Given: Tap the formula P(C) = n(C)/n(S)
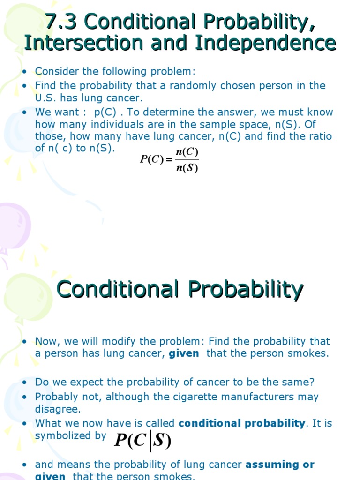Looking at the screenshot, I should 169,160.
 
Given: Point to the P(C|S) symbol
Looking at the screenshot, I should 142,442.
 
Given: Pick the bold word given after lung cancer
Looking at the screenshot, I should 184,353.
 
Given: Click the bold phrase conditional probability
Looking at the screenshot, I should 242,423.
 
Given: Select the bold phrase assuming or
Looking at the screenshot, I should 280,465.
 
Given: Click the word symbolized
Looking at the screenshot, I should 63,435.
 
